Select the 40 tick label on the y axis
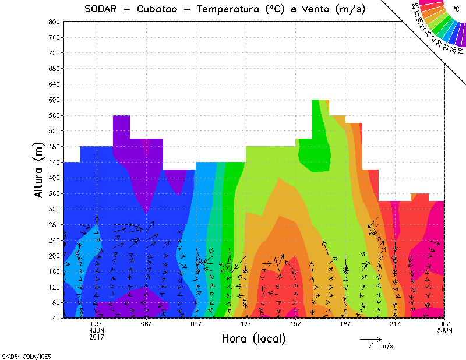click(57, 318)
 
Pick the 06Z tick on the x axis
click(147, 324)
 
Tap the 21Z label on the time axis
click(395, 324)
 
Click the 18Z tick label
click(345, 324)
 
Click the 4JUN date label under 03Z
click(97, 330)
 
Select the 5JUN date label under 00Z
click(444, 330)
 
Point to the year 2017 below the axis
click(97, 337)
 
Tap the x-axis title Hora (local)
click(253, 338)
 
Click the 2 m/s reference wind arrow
click(370, 338)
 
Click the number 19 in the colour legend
click(460, 51)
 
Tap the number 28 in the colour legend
click(415, 6)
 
